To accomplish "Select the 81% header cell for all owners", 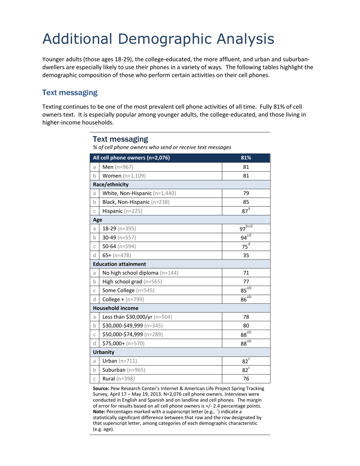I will [246, 158].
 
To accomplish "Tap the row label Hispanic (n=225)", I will [122, 211].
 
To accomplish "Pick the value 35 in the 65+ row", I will [246, 255].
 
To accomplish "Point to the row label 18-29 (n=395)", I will [119, 228].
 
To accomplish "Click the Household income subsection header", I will [116, 308].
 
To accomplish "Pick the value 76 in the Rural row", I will [246, 378].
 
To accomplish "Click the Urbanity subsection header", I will [103, 352].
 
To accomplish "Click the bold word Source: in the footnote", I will [101, 388].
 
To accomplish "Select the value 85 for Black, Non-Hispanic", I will [246, 202].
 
